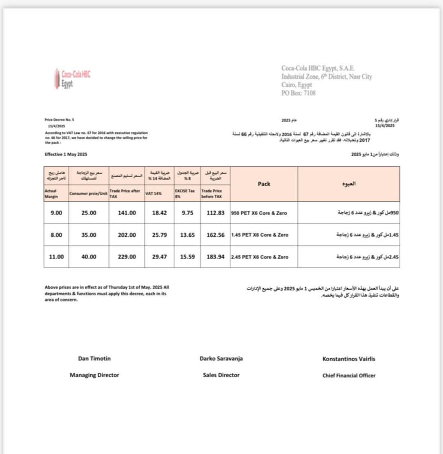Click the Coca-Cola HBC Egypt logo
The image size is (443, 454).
click(x=73, y=78)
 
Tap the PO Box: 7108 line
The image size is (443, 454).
click(x=298, y=93)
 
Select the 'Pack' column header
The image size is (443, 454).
click(x=264, y=184)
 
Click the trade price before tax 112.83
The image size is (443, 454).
click(x=215, y=213)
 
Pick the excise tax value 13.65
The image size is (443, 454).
click(x=187, y=235)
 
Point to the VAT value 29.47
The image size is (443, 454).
click(x=159, y=257)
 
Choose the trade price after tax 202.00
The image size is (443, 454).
click(x=127, y=235)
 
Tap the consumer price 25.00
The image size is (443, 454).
click(x=89, y=213)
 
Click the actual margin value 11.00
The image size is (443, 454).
click(x=56, y=257)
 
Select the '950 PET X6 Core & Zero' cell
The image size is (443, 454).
click(x=259, y=213)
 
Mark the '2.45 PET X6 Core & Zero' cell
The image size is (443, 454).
click(x=260, y=257)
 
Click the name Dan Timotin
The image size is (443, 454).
click(x=94, y=358)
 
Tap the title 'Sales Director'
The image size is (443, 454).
click(x=221, y=375)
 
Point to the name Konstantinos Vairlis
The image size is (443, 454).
click(x=349, y=359)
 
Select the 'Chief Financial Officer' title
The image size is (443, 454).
click(x=349, y=375)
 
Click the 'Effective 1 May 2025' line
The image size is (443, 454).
click(x=66, y=155)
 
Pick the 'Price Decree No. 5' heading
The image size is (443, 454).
click(x=59, y=120)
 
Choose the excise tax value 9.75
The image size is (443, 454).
click(x=187, y=213)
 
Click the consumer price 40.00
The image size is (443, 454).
click(x=89, y=257)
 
